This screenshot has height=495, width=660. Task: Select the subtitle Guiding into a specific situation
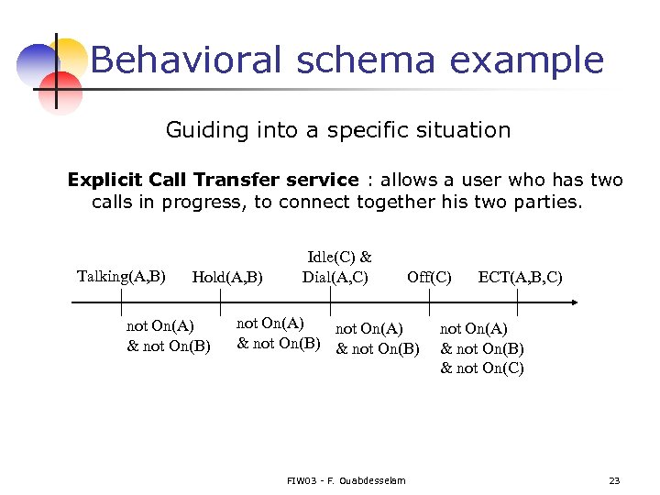337,130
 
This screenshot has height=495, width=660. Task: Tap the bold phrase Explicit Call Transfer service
213,180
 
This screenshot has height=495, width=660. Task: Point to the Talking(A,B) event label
121,276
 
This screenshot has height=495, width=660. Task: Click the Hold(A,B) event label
227,277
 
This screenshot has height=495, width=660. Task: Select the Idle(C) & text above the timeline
339,258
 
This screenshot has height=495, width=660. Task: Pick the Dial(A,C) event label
335,277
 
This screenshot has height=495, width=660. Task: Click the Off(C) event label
429,277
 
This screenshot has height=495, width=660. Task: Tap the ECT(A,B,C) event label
520,277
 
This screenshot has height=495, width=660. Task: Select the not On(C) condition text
482,368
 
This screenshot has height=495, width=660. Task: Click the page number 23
614,480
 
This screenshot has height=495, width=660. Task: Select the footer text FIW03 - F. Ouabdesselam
346,480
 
